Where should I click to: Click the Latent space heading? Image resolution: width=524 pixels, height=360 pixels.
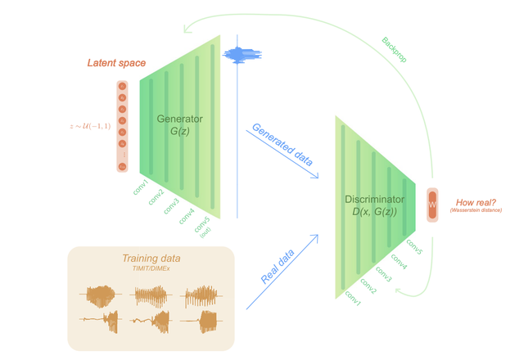(x=117, y=64)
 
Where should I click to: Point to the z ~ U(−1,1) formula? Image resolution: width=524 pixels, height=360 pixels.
(x=90, y=127)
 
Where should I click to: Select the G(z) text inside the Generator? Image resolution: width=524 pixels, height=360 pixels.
(x=179, y=133)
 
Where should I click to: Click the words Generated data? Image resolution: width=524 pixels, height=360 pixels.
(x=282, y=144)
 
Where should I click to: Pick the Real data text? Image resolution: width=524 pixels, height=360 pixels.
(x=278, y=266)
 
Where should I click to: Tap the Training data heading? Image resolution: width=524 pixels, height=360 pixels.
(x=151, y=258)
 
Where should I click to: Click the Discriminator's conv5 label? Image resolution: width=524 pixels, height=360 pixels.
(x=413, y=248)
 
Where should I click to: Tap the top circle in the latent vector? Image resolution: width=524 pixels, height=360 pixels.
(x=123, y=86)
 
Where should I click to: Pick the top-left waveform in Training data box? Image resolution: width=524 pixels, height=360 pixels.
(x=101, y=293)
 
